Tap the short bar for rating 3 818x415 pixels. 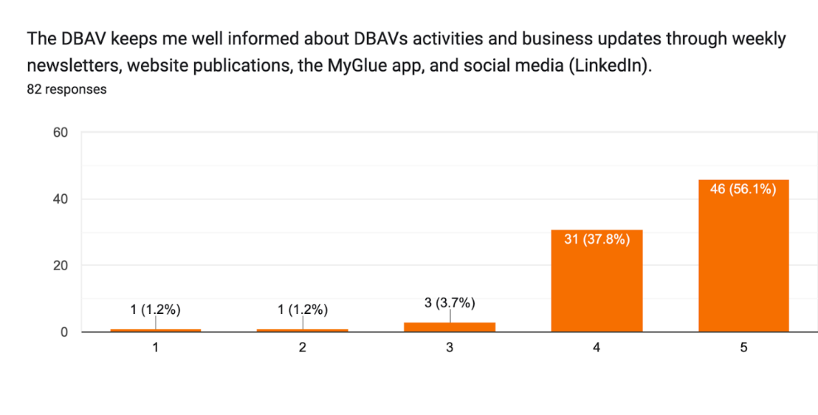pos(450,327)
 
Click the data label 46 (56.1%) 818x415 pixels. pos(743,190)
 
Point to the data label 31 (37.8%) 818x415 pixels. pos(596,239)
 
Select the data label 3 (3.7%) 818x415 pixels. pos(450,302)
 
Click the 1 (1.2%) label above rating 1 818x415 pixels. pos(156,310)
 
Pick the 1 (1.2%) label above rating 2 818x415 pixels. pos(303,310)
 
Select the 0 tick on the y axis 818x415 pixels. pos(65,332)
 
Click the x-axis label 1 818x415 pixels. pos(156,348)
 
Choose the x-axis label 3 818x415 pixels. pos(450,348)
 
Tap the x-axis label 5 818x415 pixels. pos(743,348)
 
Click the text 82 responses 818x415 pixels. pos(67,90)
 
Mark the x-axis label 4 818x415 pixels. pos(596,348)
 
